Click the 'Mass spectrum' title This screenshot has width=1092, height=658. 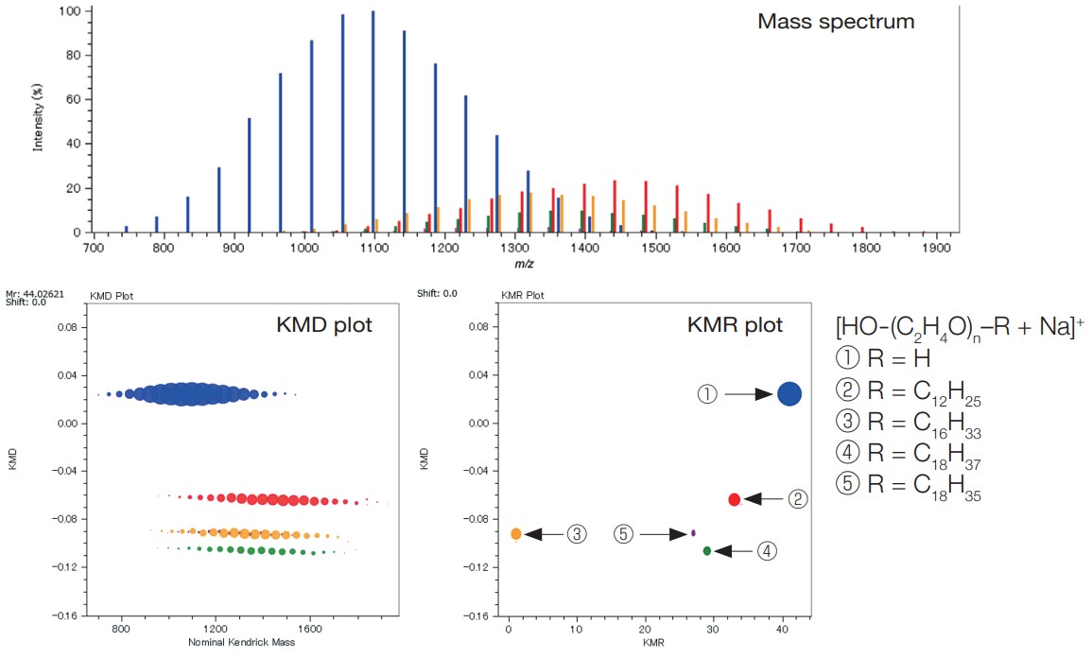[x=836, y=22]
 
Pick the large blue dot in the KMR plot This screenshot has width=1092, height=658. [x=789, y=394]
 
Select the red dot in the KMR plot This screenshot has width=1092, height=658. [x=735, y=499]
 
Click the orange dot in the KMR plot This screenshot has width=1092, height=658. [x=516, y=534]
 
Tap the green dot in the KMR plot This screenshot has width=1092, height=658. [x=707, y=550]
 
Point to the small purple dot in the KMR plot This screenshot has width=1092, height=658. [x=694, y=533]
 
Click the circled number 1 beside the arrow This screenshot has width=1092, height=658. [x=707, y=394]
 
